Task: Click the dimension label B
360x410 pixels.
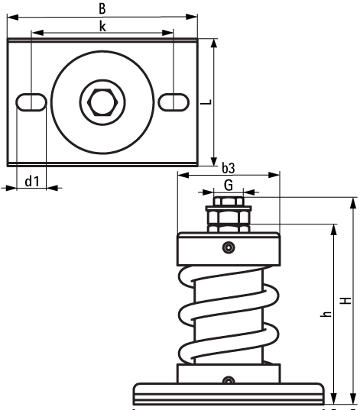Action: click(x=102, y=8)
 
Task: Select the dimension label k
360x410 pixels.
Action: click(x=102, y=25)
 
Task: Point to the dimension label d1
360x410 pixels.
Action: click(x=31, y=181)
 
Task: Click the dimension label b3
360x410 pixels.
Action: click(x=228, y=167)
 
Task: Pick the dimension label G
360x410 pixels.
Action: click(x=228, y=185)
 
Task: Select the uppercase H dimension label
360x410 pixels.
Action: click(x=346, y=301)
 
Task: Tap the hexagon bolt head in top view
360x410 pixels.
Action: click(x=102, y=101)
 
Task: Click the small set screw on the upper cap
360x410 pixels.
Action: click(x=228, y=247)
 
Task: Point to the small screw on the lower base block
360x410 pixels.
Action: click(x=228, y=380)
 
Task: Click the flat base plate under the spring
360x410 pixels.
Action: click(x=228, y=394)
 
